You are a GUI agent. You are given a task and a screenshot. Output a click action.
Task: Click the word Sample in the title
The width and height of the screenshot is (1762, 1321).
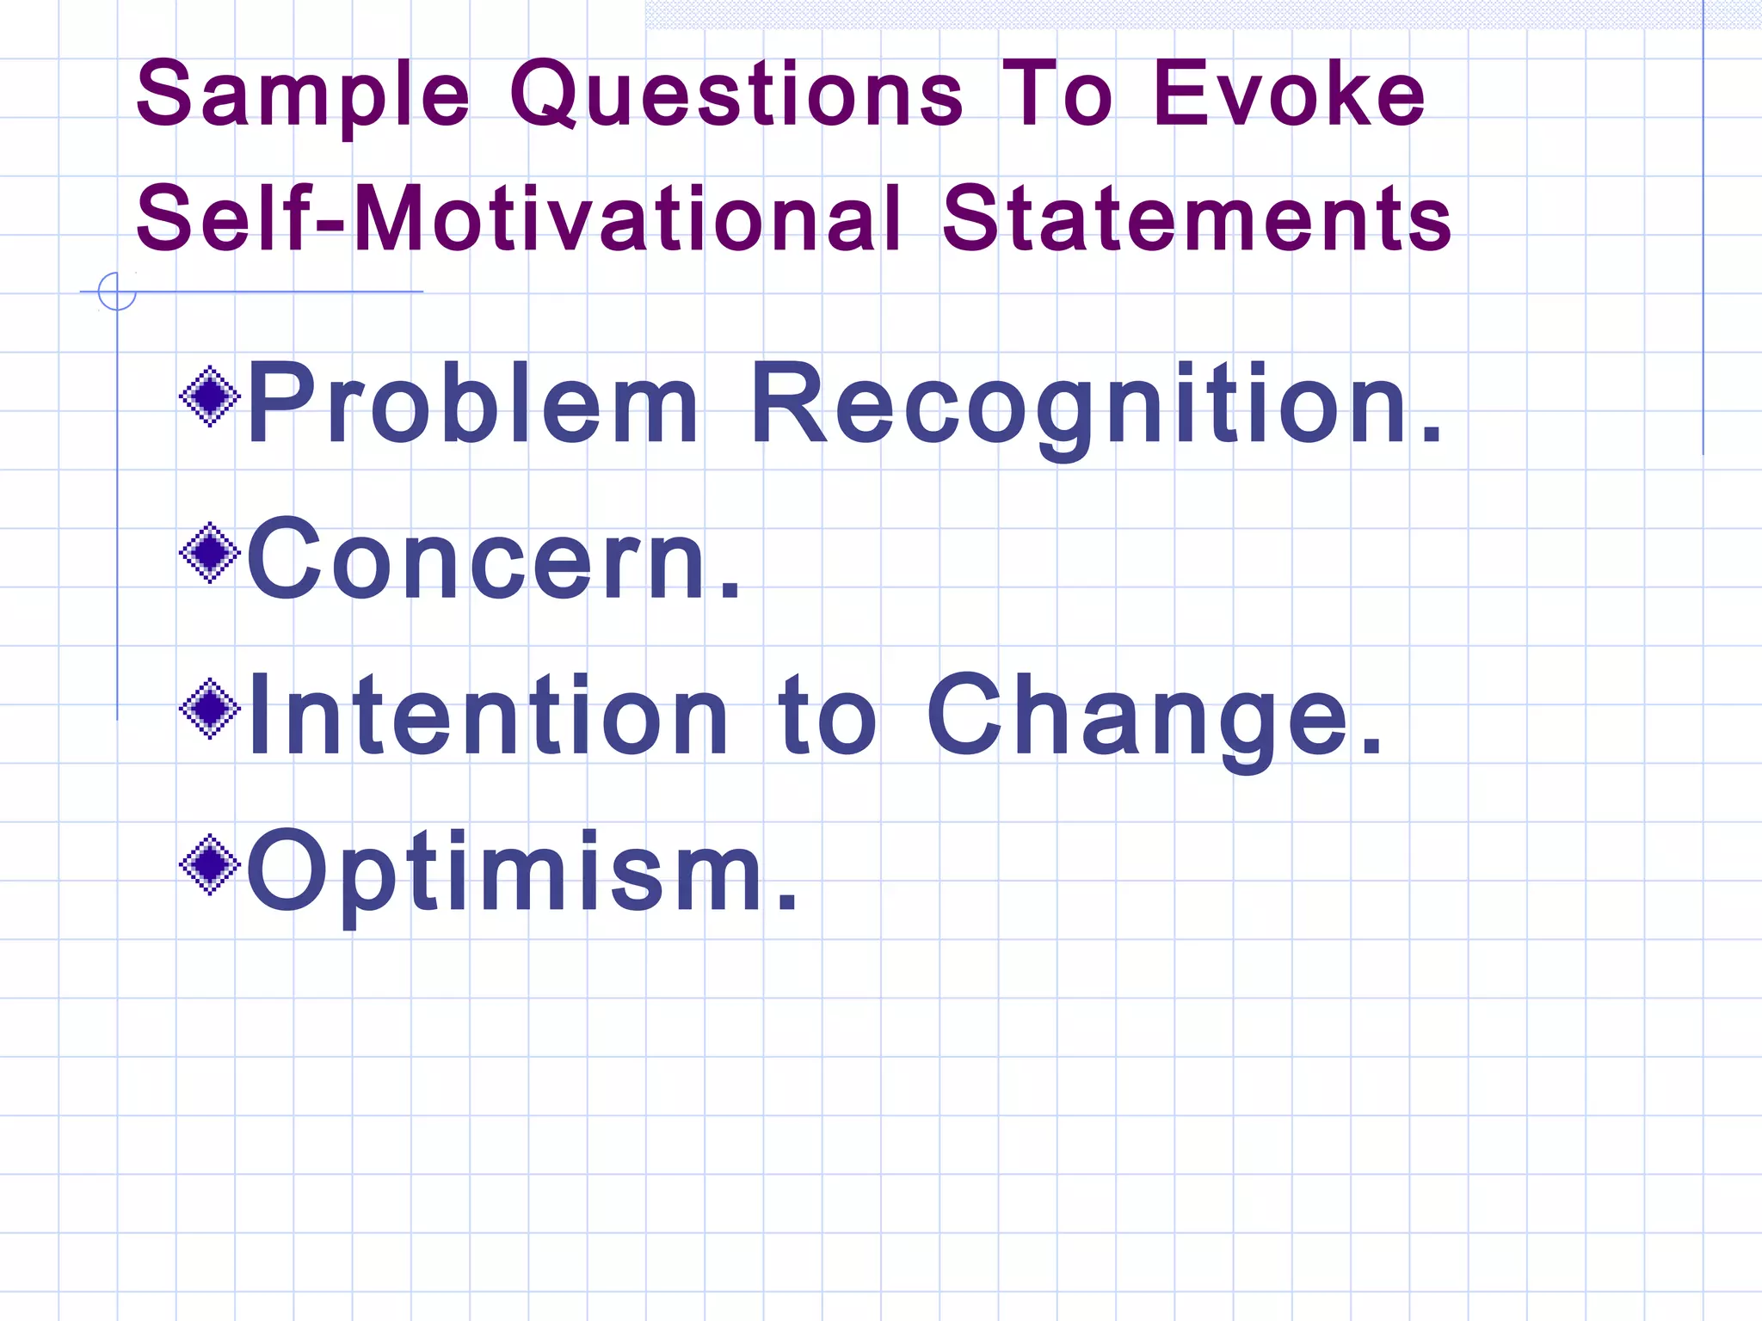coord(303,95)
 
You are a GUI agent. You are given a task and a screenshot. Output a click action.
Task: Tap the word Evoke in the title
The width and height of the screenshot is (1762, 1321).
coord(1288,95)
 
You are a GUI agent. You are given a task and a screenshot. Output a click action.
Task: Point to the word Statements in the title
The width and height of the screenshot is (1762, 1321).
coord(1197,219)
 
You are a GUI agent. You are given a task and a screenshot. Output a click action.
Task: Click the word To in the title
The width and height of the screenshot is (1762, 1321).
coord(1057,95)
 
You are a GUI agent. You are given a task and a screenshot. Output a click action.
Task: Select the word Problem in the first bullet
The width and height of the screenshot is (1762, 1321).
coord(472,404)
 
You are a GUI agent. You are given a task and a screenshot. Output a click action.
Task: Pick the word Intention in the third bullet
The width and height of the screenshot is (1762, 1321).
coord(489,716)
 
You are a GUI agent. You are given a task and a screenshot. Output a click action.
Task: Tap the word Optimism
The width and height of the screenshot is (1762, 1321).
coord(508,870)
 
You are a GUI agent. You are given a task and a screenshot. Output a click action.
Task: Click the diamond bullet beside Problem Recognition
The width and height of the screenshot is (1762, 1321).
coord(209,396)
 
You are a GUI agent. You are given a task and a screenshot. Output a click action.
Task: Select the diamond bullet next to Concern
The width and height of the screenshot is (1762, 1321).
coord(209,553)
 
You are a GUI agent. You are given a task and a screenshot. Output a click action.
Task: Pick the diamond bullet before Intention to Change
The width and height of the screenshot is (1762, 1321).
coord(209,709)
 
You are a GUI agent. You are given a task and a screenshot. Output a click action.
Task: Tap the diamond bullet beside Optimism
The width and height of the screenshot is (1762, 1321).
coord(209,864)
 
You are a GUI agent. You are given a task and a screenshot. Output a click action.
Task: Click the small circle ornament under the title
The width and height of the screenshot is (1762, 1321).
coord(117,292)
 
